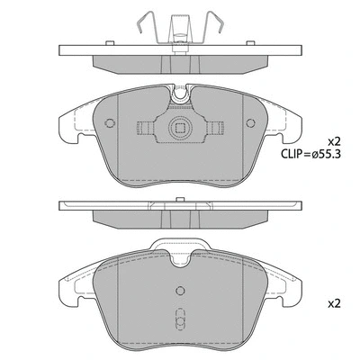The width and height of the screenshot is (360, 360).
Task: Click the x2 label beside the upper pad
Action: pyautogui.click(x=334, y=142)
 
